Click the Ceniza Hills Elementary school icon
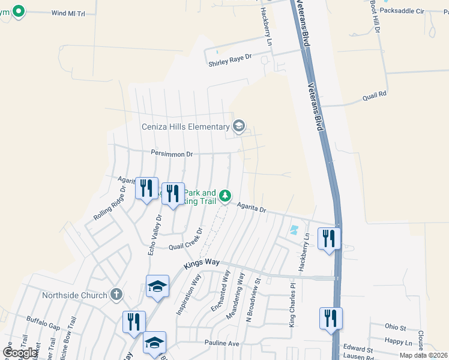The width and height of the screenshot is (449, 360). [x=239, y=126]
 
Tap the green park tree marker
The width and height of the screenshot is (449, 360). [x=225, y=196]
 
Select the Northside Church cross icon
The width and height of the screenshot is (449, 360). [x=116, y=295]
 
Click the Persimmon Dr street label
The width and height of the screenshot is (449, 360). [x=172, y=154]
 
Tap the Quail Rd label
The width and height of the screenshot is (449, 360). [x=374, y=95]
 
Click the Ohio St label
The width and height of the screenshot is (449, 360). [x=396, y=327]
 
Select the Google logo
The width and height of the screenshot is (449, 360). [x=20, y=353]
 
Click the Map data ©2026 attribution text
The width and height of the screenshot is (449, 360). [x=423, y=355]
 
